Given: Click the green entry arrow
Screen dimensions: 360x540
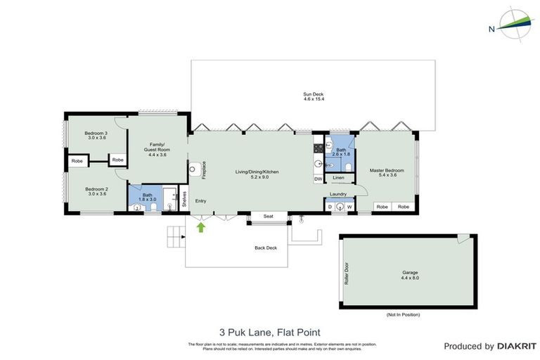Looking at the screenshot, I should pyautogui.click(x=202, y=226).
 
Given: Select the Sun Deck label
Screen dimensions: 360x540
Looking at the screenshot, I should pyautogui.click(x=313, y=96).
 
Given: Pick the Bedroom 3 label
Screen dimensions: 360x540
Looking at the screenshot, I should pyautogui.click(x=95, y=135).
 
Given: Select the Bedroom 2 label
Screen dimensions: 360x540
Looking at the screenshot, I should pyautogui.click(x=95, y=191).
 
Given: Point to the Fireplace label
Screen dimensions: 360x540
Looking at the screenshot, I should pyautogui.click(x=203, y=169).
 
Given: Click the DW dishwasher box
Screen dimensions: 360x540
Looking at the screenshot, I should pyautogui.click(x=318, y=179).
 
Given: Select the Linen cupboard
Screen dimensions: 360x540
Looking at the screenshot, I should pyautogui.click(x=339, y=178).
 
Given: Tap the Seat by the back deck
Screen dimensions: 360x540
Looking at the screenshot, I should pyautogui.click(x=267, y=217).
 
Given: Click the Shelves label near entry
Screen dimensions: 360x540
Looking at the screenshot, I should pyautogui.click(x=184, y=198).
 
